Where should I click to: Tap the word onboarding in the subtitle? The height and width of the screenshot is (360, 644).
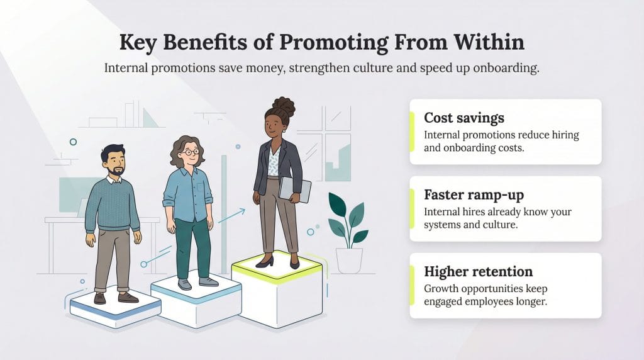click(502, 68)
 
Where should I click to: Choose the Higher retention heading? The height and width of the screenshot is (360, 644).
click(478, 271)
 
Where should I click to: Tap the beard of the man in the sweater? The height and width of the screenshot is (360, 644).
click(116, 169)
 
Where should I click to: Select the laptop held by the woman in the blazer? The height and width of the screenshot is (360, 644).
click(295, 189)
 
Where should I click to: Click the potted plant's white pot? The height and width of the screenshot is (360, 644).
click(349, 260)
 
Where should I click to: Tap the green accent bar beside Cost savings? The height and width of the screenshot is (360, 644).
click(412, 132)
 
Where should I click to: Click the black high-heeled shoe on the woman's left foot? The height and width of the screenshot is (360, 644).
click(265, 261)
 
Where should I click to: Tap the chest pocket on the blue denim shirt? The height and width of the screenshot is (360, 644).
click(199, 187)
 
